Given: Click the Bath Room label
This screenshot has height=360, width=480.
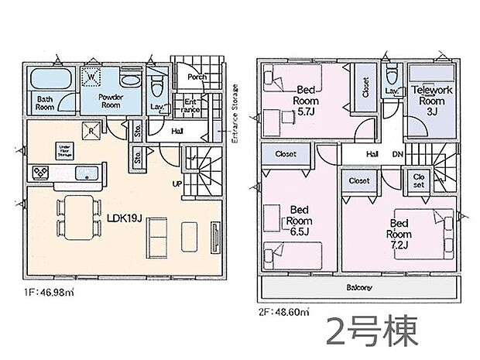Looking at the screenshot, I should point(43,104).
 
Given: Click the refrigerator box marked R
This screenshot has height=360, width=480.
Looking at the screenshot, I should point(92,131).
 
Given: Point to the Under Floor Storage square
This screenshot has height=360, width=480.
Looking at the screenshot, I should point(63,149).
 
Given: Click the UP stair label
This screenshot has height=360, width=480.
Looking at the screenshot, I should point(178,183).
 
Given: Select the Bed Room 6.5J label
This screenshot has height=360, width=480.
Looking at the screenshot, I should point(299,219).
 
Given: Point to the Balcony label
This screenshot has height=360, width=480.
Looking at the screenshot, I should point(358,288).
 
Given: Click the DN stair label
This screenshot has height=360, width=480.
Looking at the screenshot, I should point(396,155).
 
